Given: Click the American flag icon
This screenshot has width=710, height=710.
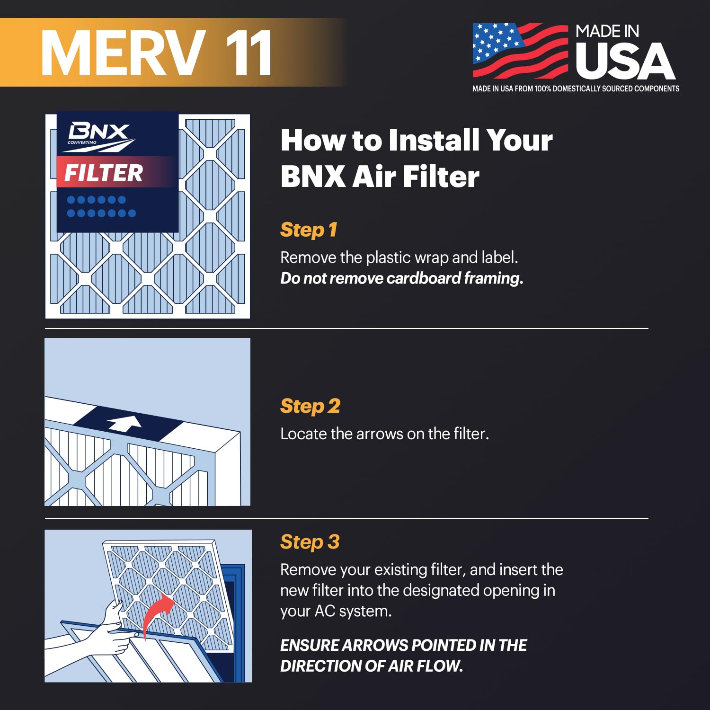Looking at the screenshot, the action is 520,51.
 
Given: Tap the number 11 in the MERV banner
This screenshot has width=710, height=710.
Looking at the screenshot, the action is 248,53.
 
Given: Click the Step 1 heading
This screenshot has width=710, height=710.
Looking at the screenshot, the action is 309,230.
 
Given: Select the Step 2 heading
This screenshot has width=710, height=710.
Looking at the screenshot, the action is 310,406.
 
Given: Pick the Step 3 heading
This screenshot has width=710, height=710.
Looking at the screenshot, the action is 310,542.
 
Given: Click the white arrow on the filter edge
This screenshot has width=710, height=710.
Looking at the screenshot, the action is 124,423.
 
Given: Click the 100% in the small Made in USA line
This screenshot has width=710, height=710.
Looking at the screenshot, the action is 542,89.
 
